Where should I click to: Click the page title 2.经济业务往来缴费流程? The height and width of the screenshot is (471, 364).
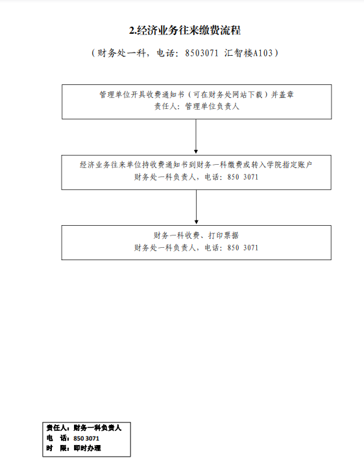coord(185,30)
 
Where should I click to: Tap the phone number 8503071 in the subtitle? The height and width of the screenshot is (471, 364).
coord(202,53)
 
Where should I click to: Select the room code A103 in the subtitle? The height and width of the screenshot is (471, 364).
coord(263,53)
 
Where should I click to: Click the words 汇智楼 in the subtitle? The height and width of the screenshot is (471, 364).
coord(239,53)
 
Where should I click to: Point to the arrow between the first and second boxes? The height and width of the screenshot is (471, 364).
coord(196,136)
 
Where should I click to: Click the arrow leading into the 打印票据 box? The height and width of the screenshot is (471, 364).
coord(197,207)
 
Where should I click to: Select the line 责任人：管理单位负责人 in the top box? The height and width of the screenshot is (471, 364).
coord(197,106)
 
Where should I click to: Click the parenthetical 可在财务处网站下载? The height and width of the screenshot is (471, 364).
coord(228,95)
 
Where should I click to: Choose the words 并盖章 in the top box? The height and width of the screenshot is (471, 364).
coord(282,95)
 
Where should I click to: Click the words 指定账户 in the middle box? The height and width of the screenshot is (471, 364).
coord(297,165)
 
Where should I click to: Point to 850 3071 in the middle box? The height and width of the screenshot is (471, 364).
coord(243,177)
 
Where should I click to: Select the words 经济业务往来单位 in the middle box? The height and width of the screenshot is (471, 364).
coord(110,165)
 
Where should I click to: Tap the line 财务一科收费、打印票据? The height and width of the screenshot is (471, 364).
coord(197,235)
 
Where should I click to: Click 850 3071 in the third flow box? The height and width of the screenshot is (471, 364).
coord(243,248)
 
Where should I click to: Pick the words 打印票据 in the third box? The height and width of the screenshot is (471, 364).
coord(224,235)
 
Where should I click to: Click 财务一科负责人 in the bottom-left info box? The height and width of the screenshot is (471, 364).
coord(97,428)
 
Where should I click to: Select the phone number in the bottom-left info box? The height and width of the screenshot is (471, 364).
coord(86,439)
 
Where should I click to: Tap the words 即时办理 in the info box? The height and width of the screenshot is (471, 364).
coord(88,448)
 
